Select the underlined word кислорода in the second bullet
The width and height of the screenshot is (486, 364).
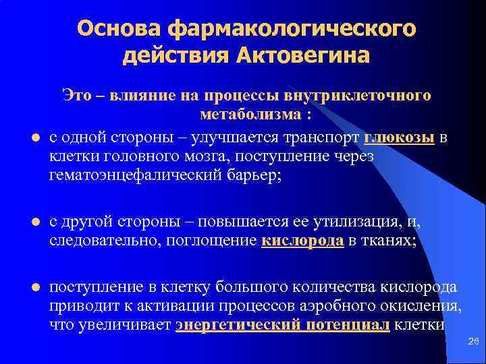click(302, 242)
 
